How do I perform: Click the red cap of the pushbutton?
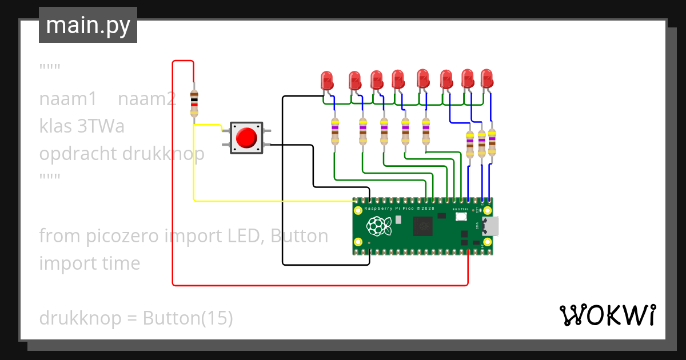tap(246, 138)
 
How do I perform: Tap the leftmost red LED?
tap(326, 80)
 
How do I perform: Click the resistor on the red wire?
tap(194, 103)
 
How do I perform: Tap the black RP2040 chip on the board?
tap(424, 226)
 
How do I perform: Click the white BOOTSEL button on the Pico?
tap(461, 218)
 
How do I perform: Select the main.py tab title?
tap(88, 26)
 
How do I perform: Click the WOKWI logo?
tap(607, 315)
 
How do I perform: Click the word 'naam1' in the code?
tap(68, 99)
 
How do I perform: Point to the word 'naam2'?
tap(147, 99)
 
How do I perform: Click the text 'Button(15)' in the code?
tap(188, 318)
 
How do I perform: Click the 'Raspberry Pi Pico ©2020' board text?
tap(400, 209)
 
